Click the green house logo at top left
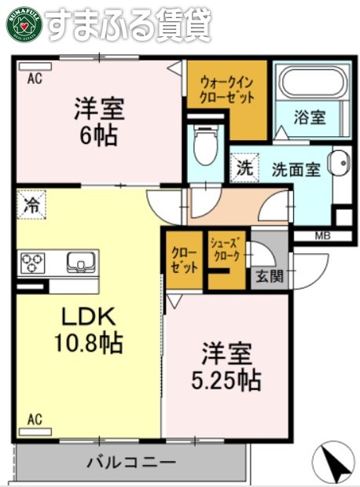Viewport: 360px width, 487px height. point(24,23)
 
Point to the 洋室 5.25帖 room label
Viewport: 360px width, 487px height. point(226,366)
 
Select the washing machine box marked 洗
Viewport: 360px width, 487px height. point(244,168)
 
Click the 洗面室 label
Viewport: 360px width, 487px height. point(296,168)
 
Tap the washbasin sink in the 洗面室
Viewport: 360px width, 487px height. point(340,167)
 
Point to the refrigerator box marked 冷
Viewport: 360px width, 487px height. point(32,205)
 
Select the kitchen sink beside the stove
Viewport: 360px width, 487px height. point(79,261)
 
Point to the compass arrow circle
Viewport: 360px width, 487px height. point(335,462)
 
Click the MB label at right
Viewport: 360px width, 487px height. point(322,234)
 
